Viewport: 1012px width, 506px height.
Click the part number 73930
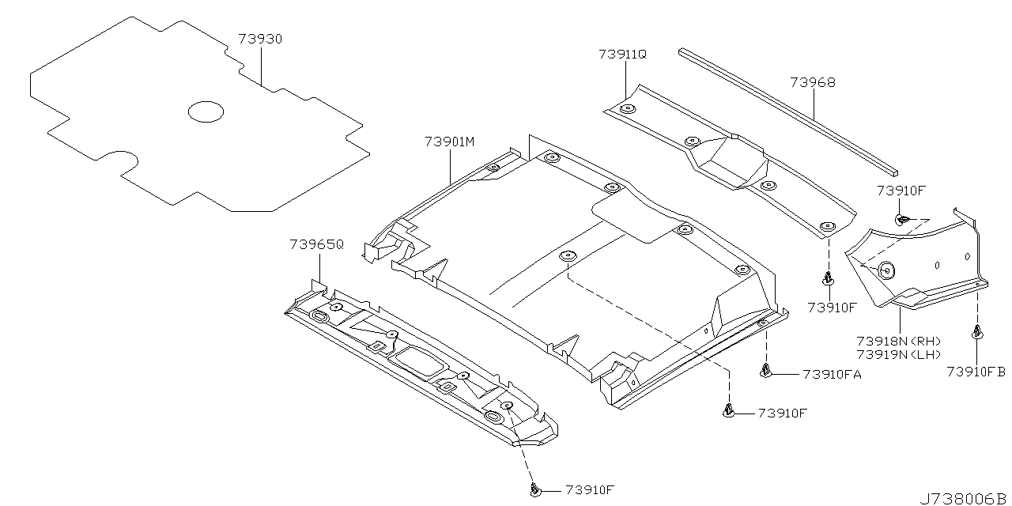click(x=260, y=39)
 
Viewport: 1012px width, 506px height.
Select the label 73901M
click(x=449, y=142)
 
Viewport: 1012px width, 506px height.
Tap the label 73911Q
click(x=622, y=54)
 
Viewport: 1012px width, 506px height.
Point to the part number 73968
click(x=812, y=82)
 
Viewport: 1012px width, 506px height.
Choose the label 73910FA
click(x=832, y=374)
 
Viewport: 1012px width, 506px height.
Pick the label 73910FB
click(x=976, y=371)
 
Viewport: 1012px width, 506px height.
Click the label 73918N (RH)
click(x=898, y=340)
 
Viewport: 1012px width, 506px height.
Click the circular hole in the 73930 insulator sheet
click(x=206, y=111)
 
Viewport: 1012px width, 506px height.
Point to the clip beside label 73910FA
click(x=765, y=369)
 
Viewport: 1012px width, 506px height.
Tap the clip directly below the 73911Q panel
click(x=827, y=278)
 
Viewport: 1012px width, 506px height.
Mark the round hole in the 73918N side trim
click(x=885, y=270)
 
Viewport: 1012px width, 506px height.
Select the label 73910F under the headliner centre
click(x=783, y=413)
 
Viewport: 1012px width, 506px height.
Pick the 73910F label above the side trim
click(x=901, y=190)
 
